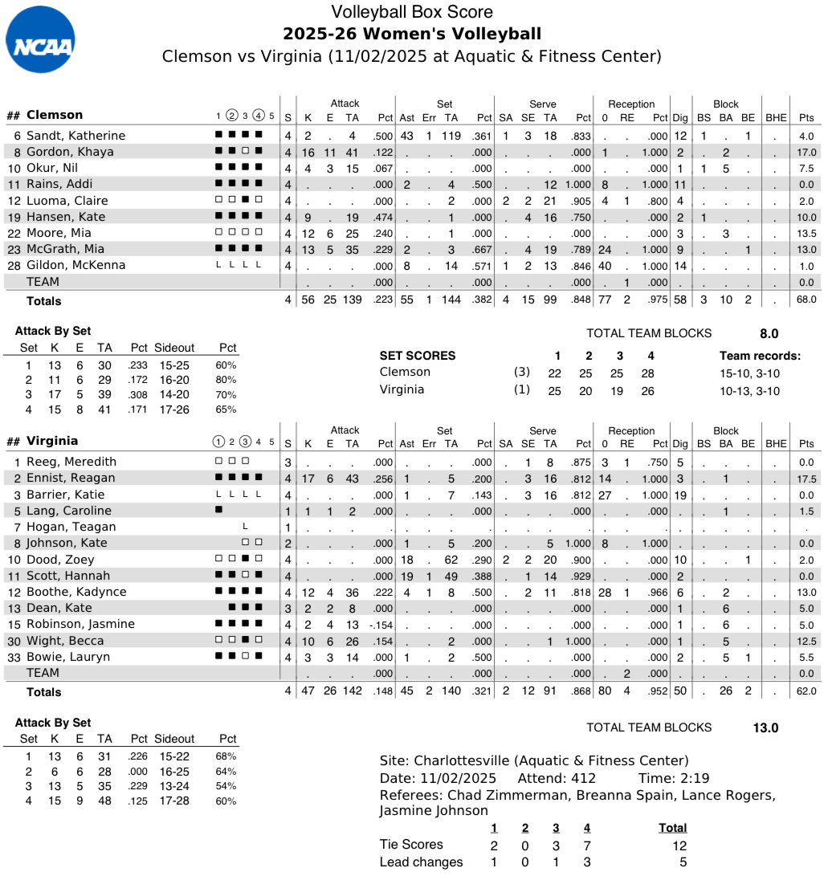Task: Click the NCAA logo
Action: pos(40,39)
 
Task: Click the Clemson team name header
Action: pos(55,115)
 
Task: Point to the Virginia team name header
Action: pos(52,441)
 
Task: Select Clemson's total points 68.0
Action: pos(806,300)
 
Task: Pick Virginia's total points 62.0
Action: pos(806,691)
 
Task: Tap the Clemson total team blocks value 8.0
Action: pos(769,333)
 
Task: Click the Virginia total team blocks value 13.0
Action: pos(765,727)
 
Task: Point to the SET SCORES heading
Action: pos(417,356)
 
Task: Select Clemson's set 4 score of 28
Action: pos(647,373)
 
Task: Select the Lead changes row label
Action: pos(421,862)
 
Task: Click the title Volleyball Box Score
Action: pos(412,12)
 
